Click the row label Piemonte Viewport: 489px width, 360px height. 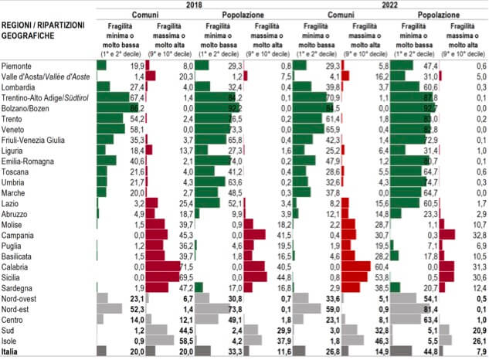tap(17, 66)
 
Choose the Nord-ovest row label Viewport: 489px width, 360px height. tap(20, 297)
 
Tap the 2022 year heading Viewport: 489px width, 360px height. tap(390, 5)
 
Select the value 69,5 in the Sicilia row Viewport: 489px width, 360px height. tap(185, 277)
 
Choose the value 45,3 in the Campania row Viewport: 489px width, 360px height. tap(185, 235)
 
